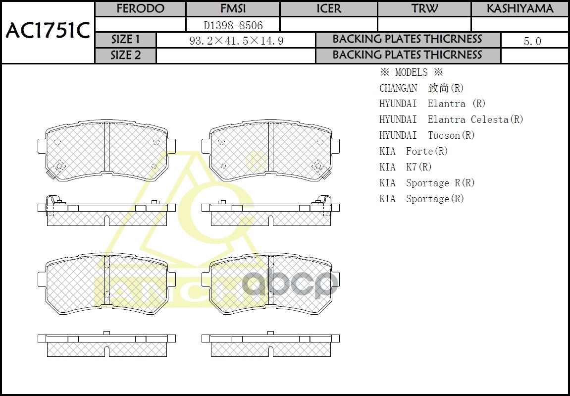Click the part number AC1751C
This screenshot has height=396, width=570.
(48, 31)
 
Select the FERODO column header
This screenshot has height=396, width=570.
(140, 9)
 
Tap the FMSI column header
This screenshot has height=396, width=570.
(233, 9)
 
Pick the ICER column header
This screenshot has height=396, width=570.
(329, 9)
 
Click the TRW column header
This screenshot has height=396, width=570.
(424, 9)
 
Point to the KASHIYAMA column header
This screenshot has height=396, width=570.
(520, 9)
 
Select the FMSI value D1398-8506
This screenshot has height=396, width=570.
(233, 25)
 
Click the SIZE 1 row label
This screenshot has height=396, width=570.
(126, 40)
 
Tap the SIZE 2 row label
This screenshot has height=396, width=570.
(126, 56)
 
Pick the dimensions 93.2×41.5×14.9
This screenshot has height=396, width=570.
(236, 41)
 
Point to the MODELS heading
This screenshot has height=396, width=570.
(411, 72)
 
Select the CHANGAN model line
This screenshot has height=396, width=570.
(421, 88)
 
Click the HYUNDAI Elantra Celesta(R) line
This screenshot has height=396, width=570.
(451, 119)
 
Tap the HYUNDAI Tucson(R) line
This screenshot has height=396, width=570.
(427, 135)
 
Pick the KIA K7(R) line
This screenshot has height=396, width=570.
(406, 167)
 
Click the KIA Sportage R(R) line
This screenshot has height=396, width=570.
(427, 183)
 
